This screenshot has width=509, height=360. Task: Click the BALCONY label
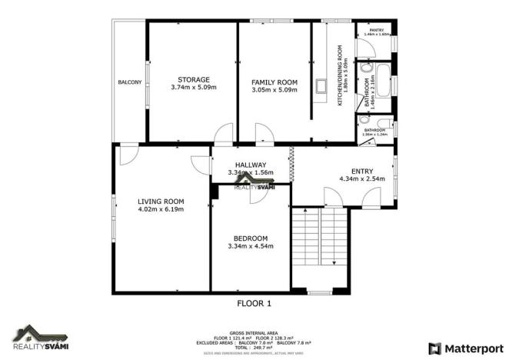tap(129, 82)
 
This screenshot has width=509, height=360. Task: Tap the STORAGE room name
tap(193, 79)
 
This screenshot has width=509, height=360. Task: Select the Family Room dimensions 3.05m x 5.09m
tap(274, 89)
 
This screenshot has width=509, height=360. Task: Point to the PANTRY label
tap(377, 30)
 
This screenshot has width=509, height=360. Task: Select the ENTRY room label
tap(361, 171)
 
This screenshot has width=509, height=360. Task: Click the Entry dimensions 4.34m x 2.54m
tap(361, 179)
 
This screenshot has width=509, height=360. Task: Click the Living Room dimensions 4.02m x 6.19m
tap(161, 209)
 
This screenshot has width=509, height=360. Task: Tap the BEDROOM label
tap(251, 238)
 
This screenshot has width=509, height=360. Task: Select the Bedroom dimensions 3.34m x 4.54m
tap(251, 246)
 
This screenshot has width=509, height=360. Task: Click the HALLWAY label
tap(251, 165)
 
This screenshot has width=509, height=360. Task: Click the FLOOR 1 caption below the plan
tap(254, 303)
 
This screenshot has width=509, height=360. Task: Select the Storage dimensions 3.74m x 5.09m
tap(193, 89)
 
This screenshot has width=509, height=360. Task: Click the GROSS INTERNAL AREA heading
tap(254, 325)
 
